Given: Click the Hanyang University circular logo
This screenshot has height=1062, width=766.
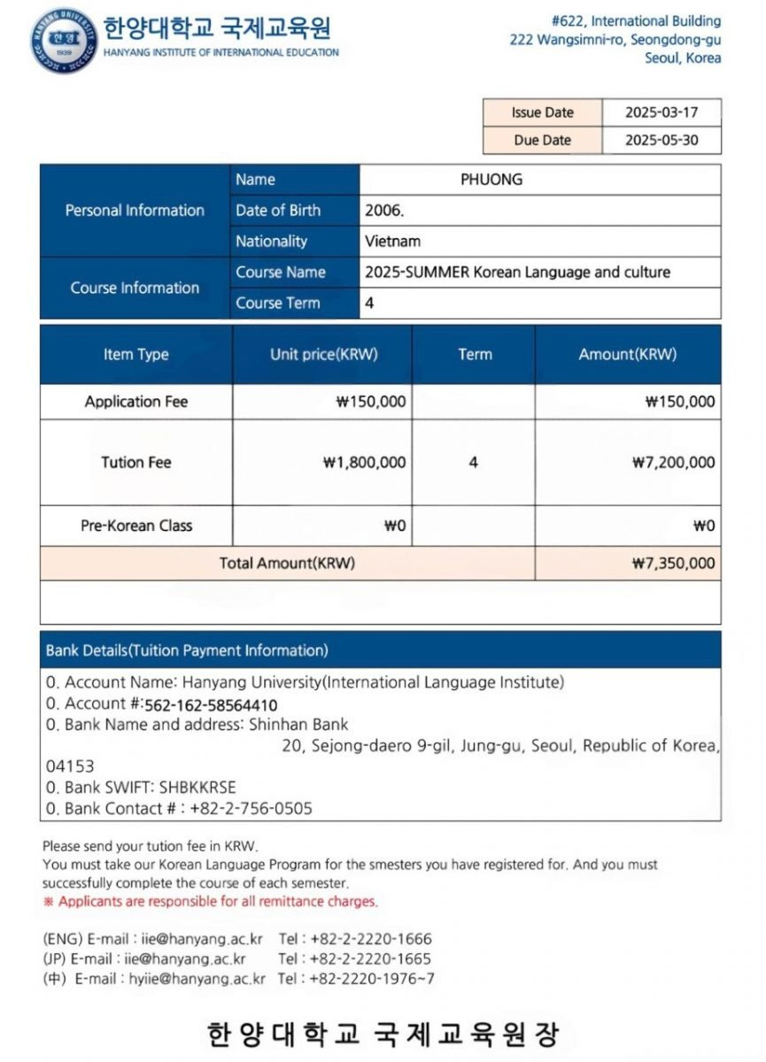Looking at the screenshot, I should coord(63,40).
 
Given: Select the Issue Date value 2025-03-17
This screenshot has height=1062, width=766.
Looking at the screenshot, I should coord(661,112).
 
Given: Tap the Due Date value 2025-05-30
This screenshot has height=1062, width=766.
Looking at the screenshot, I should coord(661,140).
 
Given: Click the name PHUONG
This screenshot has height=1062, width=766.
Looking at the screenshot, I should coord(491,180).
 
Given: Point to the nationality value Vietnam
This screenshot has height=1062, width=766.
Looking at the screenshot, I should coord(392,241).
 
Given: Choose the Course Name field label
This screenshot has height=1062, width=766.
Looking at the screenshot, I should coord(281,272).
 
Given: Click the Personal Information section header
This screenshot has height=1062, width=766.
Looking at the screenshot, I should coord(135,211).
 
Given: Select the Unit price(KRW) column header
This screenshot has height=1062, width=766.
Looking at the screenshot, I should coord(323,354).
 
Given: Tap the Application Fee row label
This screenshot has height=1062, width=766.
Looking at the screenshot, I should coord(136,401).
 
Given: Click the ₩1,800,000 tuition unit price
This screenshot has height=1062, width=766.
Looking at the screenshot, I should coord(365,462).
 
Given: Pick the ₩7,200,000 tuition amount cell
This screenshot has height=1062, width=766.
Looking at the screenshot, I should coord(673,462).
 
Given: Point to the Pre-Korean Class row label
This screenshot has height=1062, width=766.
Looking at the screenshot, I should coord(136,526).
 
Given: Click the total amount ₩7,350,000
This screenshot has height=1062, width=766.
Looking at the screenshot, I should coord(673,563).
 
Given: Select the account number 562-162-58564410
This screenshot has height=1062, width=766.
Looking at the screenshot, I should coord(211,705).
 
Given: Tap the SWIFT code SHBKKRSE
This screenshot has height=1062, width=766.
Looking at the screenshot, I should coord(197,787).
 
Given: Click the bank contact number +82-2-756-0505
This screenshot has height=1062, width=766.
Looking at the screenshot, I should coord(251,808).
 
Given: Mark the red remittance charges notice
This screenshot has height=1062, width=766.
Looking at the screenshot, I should coord(211,902).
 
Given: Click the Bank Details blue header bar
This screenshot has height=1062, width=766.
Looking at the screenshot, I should coord(380,650).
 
